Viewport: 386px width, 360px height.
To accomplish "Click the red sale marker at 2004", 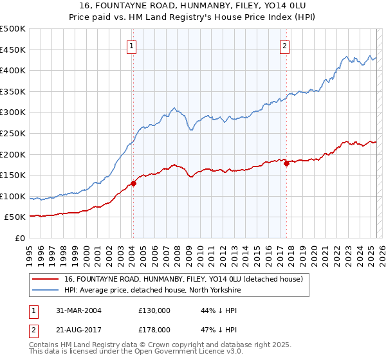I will coord(133,183).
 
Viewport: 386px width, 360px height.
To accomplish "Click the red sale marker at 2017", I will coord(286,163).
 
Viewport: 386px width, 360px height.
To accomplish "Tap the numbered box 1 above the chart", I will coord(132,46).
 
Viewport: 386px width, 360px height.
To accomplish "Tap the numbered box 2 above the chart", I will coord(284,46).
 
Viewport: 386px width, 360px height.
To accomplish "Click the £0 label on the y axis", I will coord(20,238).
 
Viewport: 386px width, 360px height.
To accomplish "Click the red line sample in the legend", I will coord(45,279).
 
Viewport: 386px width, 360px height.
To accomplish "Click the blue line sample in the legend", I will coord(45,290).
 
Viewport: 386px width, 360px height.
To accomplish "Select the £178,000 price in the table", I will coord(154,329).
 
